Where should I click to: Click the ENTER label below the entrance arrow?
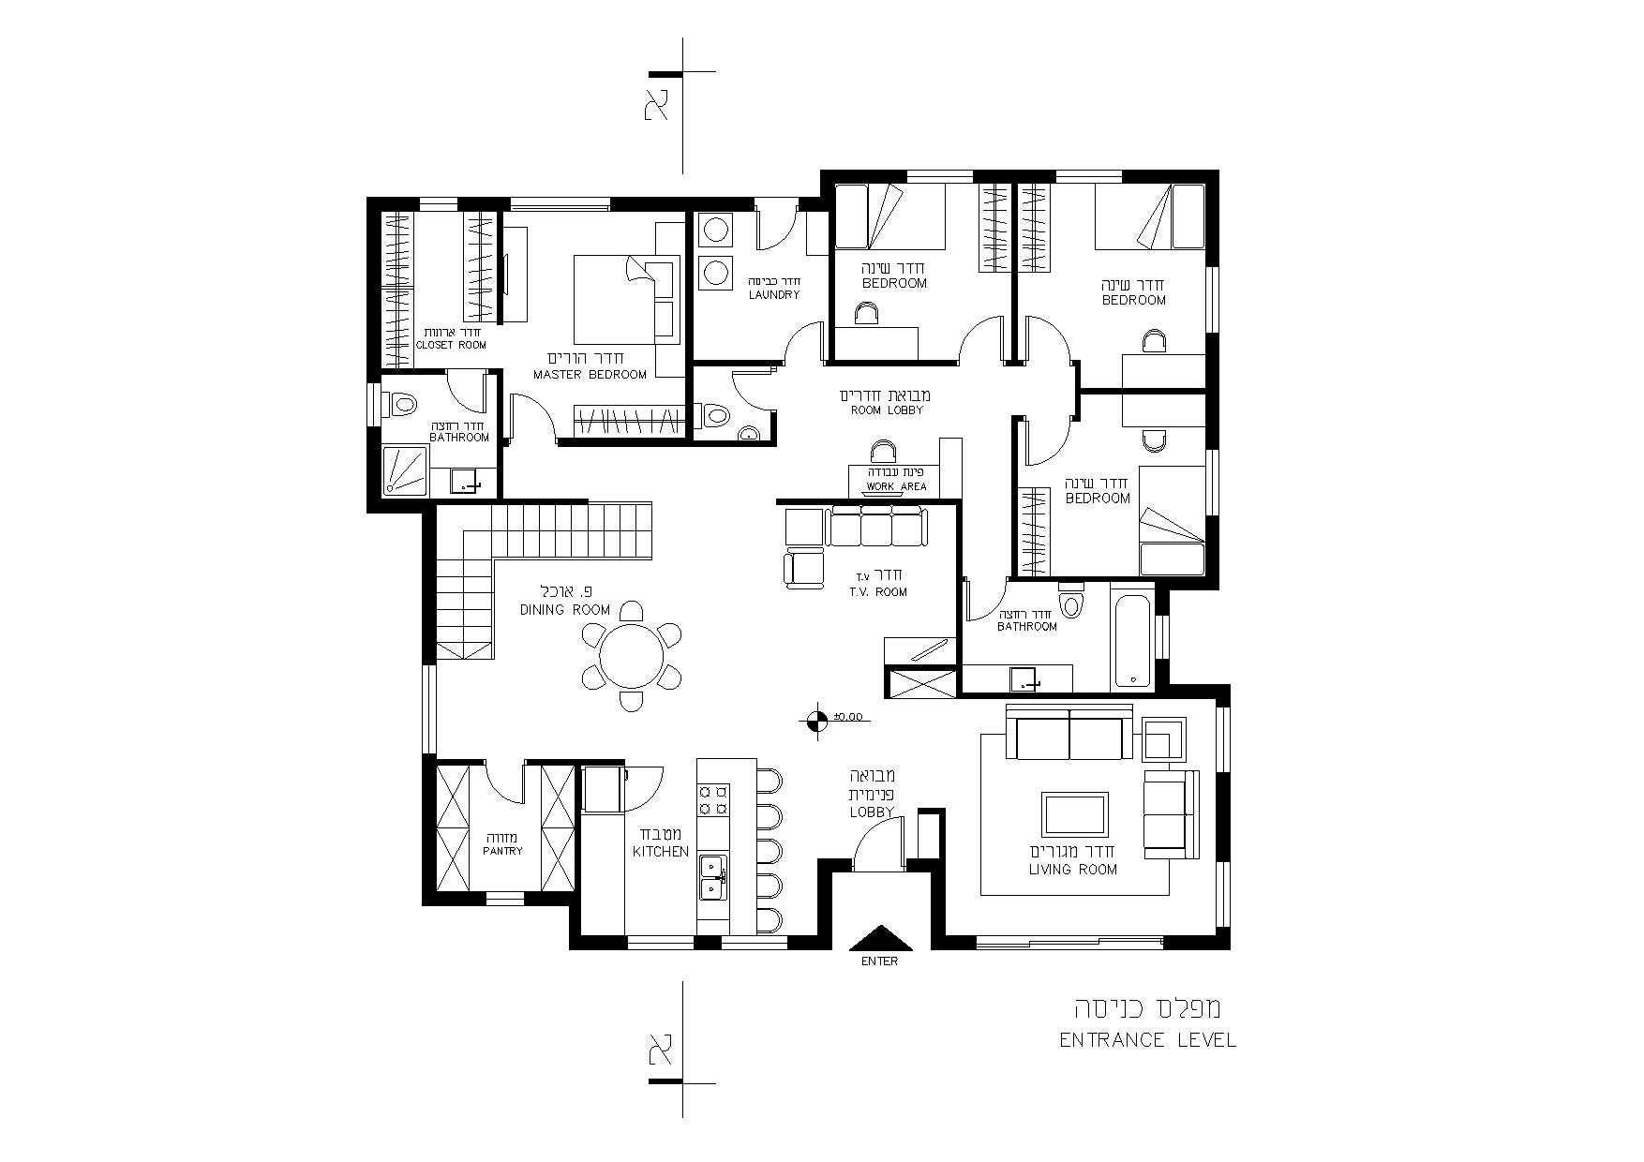(879, 961)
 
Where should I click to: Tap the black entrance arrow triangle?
(879, 939)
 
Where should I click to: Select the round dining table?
(630, 655)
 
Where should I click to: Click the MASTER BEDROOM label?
(590, 375)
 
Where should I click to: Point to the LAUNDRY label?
(774, 295)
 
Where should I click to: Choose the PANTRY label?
(503, 851)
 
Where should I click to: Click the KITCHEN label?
(661, 852)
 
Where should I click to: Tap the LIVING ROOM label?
(1073, 870)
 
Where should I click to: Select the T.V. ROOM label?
(878, 592)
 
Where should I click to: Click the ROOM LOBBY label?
(887, 410)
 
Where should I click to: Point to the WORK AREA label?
(896, 486)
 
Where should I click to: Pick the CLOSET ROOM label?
(452, 345)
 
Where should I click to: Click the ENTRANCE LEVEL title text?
(1147, 1040)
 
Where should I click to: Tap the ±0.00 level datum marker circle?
(815, 720)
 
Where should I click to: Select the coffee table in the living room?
(1075, 814)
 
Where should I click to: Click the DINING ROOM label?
(565, 610)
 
